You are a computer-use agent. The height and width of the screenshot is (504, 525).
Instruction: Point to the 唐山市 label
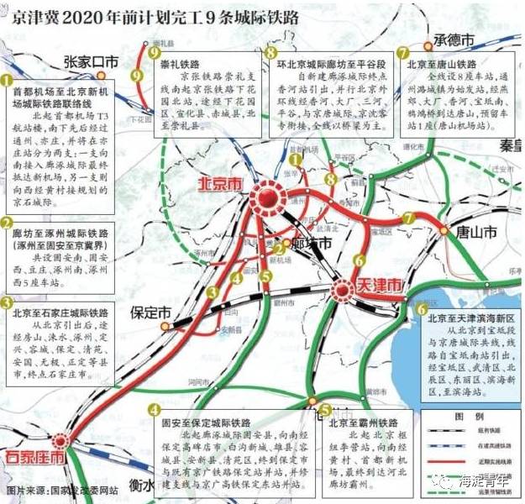475,233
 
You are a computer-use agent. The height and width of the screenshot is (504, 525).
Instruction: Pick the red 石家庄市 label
35,458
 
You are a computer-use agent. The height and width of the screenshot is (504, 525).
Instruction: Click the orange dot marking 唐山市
444,228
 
